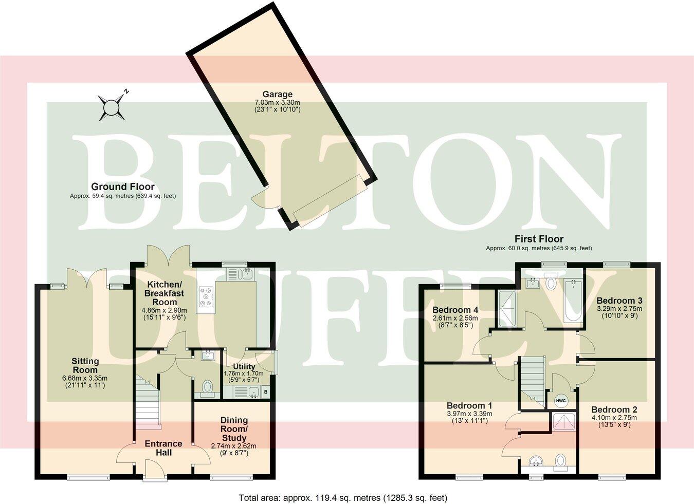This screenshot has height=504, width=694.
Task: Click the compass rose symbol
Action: tap(111, 107)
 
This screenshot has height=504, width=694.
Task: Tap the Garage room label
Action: tap(277, 95)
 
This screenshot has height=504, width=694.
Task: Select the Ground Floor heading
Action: tap(122, 186)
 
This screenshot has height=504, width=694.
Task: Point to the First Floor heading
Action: tap(539, 239)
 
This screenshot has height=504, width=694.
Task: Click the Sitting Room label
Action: tap(85, 365)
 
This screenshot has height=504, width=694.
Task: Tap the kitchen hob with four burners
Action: tap(207, 296)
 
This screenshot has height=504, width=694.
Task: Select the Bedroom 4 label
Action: tap(455, 310)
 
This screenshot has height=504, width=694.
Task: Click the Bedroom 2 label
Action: tap(614, 409)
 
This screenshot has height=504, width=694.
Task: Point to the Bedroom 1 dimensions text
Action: tap(469, 417)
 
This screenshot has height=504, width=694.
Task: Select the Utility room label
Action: tap(244, 366)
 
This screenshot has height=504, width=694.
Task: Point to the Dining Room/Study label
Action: tap(234, 429)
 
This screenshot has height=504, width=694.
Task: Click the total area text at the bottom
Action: tap(343, 497)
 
